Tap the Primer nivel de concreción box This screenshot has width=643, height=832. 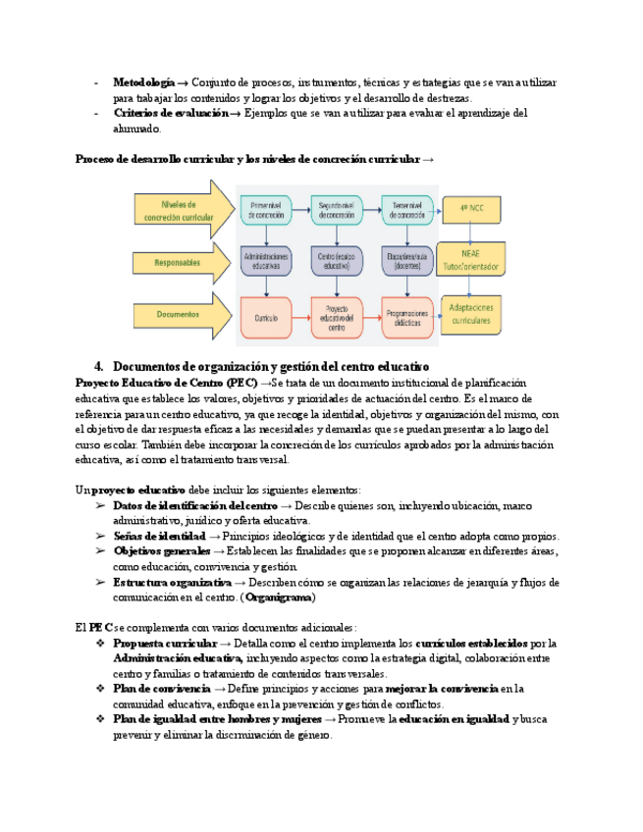265,210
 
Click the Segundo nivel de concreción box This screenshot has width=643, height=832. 337,210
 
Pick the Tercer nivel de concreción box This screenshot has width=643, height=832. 407,210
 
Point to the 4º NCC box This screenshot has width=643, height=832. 471,209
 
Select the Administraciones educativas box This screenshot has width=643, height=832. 265,260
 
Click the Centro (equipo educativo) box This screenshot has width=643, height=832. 337,260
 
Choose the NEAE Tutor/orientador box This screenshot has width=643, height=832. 471,260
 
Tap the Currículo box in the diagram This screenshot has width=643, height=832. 265,317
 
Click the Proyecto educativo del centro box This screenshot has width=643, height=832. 337,317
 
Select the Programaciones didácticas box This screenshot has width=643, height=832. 407,317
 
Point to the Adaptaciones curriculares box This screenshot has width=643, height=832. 471,313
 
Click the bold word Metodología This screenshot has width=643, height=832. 143,83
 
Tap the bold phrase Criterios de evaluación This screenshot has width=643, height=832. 169,114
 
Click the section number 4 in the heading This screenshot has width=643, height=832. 99,366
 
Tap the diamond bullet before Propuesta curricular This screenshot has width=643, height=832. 100,643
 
